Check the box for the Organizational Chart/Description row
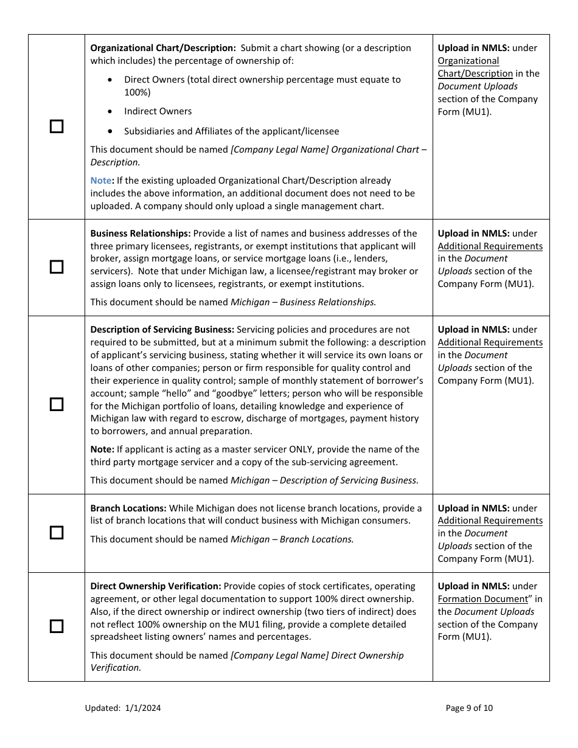(57, 126)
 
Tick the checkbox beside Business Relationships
(57, 267)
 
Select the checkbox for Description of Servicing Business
(57, 404)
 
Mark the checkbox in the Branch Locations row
(57, 533)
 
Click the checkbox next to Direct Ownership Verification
(57, 626)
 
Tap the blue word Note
(101, 181)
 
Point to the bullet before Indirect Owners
(110, 111)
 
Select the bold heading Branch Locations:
(128, 508)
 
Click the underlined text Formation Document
(483, 599)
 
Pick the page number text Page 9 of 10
(469, 708)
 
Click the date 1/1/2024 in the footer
(143, 708)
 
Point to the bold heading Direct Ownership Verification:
(156, 586)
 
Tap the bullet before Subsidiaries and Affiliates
(110, 131)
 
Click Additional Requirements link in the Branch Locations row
(490, 521)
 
